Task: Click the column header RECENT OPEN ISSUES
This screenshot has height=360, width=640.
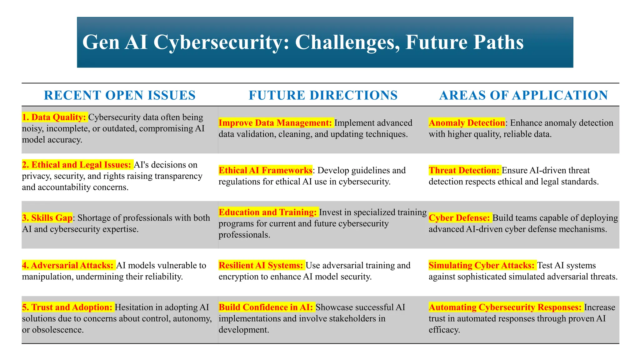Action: tap(120, 95)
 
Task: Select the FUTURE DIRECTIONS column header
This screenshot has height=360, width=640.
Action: tap(323, 95)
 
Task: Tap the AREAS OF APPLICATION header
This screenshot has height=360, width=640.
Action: tap(523, 95)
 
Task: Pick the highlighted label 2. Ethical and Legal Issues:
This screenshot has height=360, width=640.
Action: tap(77, 165)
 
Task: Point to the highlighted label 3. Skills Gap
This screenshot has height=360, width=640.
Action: tap(47, 218)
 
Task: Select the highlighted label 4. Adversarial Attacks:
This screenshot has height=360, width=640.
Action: tap(68, 265)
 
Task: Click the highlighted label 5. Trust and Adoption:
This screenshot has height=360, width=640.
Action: tap(67, 307)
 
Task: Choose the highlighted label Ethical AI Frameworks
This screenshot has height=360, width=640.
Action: tap(265, 170)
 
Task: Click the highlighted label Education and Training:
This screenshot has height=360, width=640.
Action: tap(268, 212)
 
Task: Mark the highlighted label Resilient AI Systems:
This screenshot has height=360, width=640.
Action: tap(261, 265)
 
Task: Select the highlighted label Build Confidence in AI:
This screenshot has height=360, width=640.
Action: tap(266, 307)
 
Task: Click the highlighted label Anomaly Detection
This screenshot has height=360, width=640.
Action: tap(467, 123)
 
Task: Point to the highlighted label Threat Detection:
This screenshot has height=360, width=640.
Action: tap(464, 170)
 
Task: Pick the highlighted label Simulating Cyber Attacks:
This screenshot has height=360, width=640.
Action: tap(482, 265)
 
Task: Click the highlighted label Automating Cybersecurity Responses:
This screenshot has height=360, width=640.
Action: tap(506, 307)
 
